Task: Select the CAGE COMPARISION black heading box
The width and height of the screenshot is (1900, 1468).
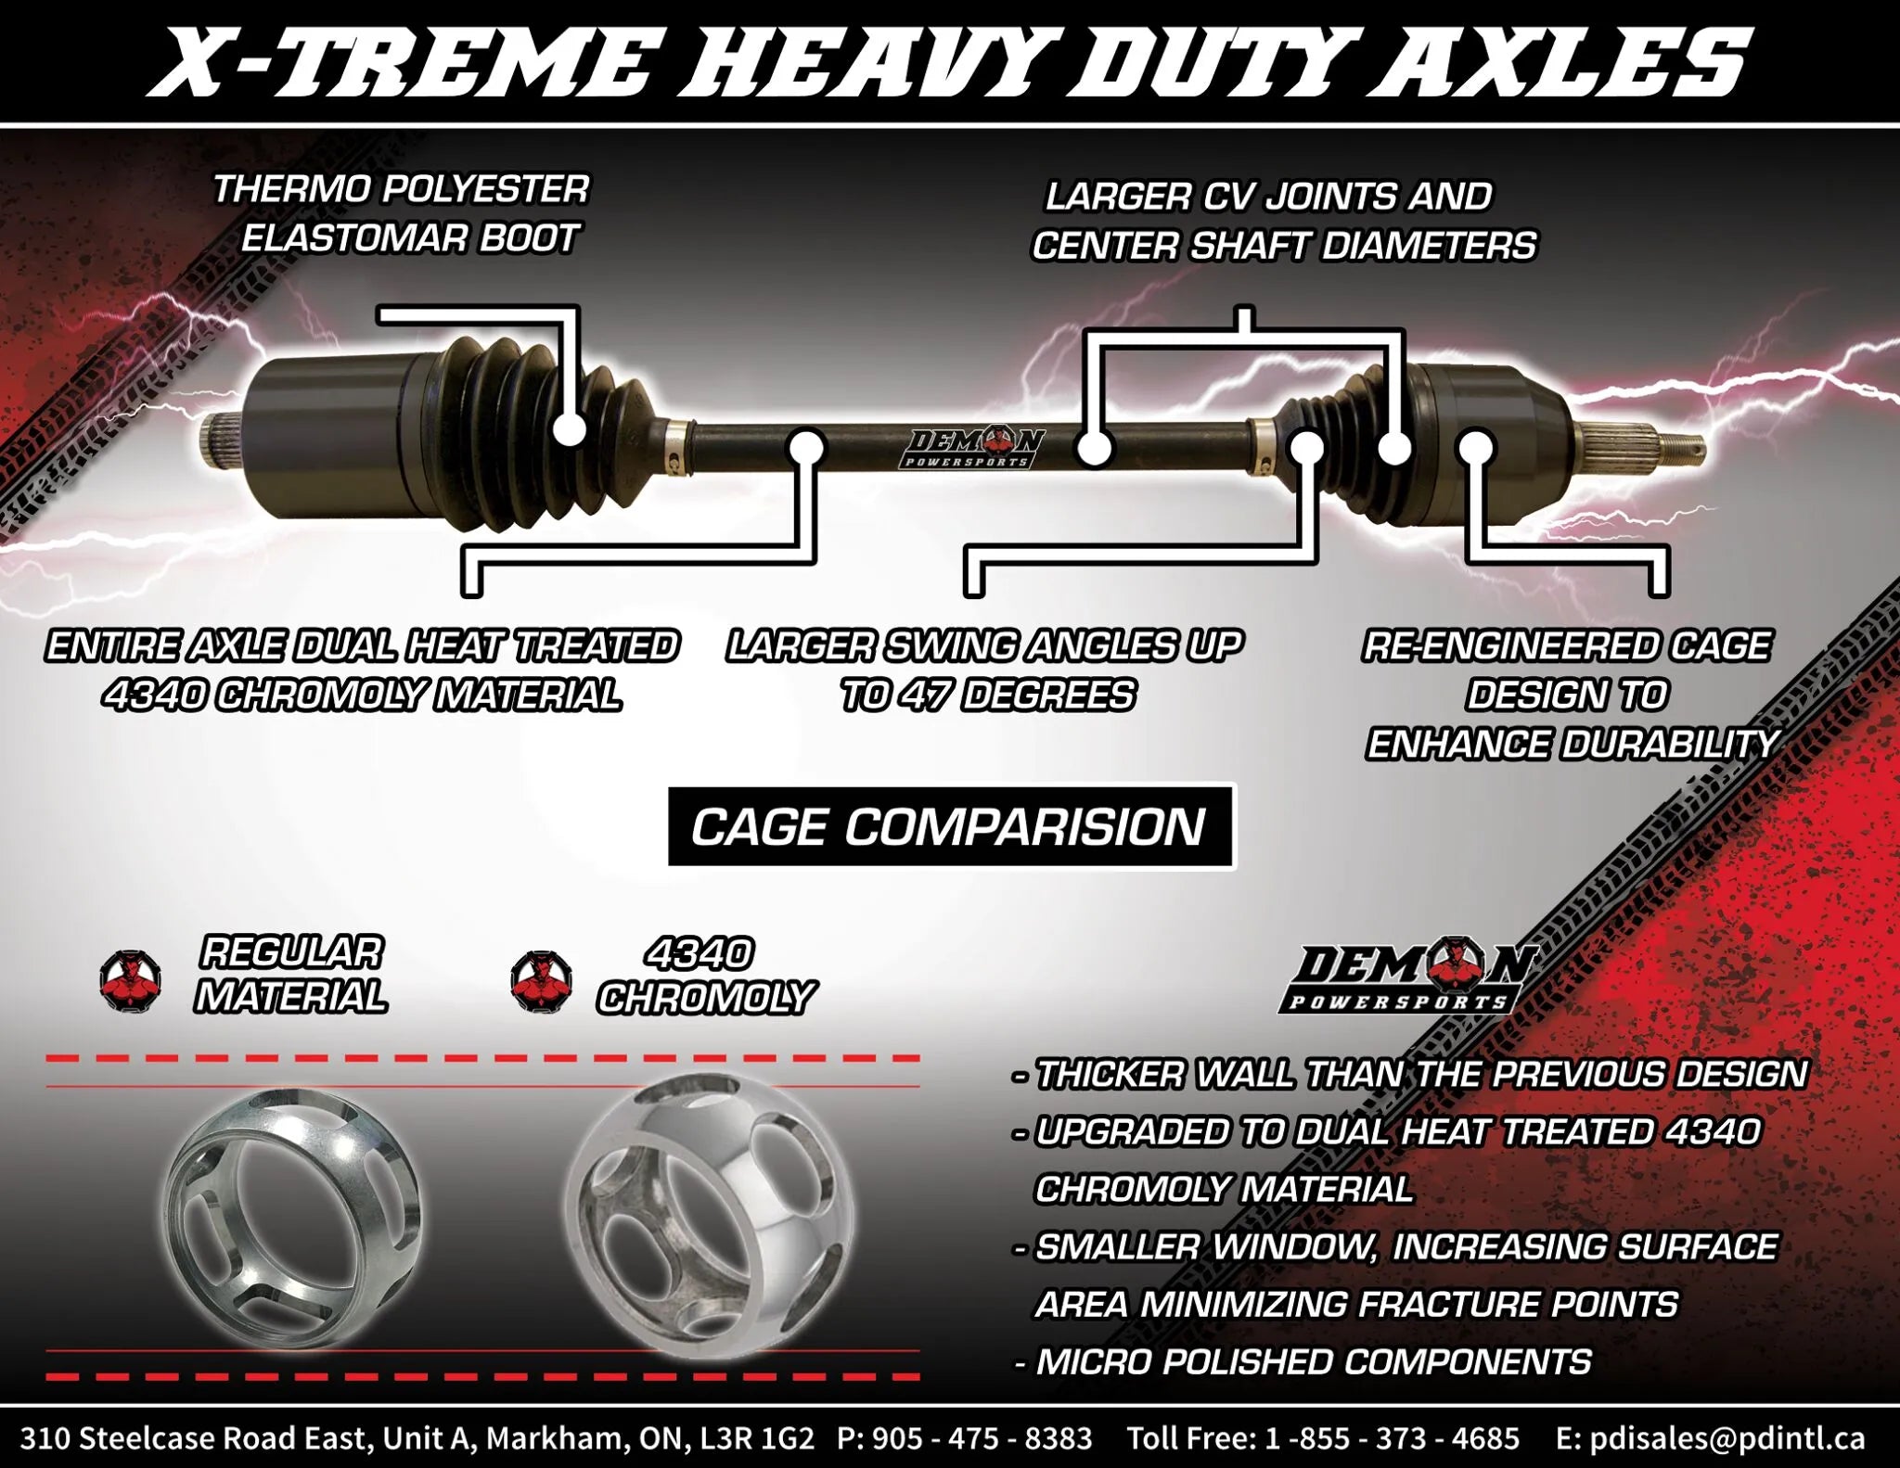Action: [951, 826]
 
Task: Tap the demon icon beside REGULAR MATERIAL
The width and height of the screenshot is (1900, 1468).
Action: [131, 981]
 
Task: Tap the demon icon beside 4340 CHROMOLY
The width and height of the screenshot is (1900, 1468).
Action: [541, 981]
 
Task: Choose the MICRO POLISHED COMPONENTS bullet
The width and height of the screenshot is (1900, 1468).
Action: [1312, 1361]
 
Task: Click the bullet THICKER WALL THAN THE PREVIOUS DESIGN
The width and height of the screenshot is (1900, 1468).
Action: [1419, 1074]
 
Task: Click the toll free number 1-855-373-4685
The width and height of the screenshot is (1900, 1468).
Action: [1392, 1438]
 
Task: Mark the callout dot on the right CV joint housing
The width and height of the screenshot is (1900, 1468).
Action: [1474, 449]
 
